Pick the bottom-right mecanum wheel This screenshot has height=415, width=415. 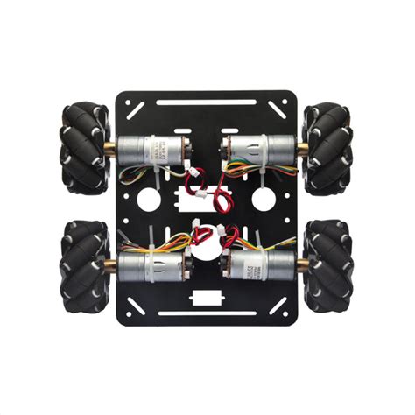pos(327,261)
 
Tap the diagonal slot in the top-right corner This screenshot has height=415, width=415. pos(279,109)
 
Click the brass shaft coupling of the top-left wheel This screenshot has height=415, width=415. pos(111,148)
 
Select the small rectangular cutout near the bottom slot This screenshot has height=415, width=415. pos(207,297)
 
